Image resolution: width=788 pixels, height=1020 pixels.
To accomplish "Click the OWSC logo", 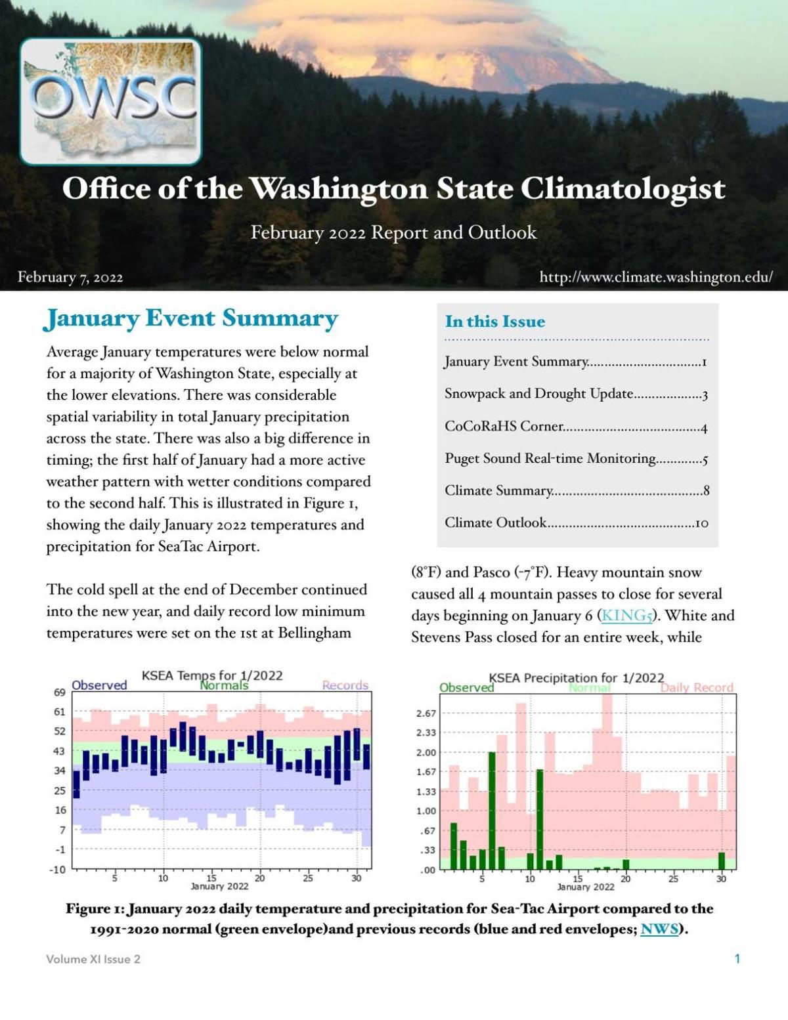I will (x=110, y=101).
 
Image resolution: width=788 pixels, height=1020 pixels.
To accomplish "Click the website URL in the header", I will (x=655, y=277).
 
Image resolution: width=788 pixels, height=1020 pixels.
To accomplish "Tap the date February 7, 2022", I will (x=70, y=277).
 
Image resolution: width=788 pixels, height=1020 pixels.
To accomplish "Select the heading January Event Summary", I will (x=190, y=318).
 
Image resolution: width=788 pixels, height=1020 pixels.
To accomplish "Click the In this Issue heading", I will (x=494, y=322).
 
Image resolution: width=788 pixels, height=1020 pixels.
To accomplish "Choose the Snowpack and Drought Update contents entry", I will (x=575, y=394).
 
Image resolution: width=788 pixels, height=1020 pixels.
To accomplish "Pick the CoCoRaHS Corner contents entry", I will (x=575, y=427).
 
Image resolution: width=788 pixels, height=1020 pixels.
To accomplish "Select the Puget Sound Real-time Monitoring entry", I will (x=575, y=459).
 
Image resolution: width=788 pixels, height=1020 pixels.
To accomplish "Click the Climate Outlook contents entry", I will (x=575, y=523).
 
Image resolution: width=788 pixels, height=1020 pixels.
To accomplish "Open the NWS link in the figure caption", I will (x=659, y=929).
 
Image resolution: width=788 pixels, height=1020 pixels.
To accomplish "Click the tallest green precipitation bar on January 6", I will (x=492, y=811).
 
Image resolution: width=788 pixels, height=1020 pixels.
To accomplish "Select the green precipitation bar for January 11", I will (x=540, y=819).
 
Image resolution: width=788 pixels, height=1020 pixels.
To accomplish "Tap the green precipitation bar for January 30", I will (x=722, y=861).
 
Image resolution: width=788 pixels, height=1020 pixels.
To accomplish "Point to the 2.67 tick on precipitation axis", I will (x=426, y=713).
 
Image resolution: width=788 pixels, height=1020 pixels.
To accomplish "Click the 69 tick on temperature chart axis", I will (x=60, y=692).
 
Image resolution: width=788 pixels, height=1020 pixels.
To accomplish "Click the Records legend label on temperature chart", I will (x=345, y=685).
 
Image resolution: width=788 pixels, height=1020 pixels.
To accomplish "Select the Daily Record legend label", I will (x=696, y=688).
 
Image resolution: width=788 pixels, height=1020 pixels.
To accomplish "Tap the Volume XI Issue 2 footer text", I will (x=93, y=959).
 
